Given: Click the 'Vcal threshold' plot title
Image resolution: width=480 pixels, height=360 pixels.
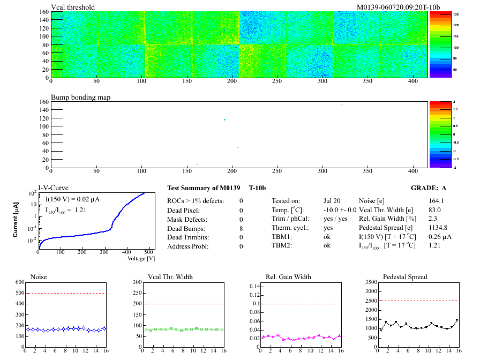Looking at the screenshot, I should (x=73, y=7).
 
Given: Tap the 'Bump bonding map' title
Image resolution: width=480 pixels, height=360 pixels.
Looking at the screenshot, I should (x=77, y=98).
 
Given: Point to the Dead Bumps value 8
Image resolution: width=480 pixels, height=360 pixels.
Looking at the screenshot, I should (x=241, y=228).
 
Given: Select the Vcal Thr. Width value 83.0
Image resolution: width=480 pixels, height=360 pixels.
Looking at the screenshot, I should (x=435, y=210).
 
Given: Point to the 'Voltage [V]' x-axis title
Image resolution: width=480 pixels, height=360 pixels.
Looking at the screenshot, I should (x=141, y=258).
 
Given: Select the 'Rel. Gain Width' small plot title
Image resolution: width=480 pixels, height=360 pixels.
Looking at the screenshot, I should (x=289, y=277).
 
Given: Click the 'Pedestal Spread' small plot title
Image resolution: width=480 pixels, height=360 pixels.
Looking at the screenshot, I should (x=405, y=277).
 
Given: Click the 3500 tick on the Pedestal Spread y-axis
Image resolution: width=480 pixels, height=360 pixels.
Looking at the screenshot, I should (x=370, y=282).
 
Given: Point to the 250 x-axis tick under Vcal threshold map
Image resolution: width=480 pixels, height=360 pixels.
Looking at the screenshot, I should (x=277, y=81).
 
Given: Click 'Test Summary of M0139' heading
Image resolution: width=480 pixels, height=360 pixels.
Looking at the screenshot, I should (x=201, y=189).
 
